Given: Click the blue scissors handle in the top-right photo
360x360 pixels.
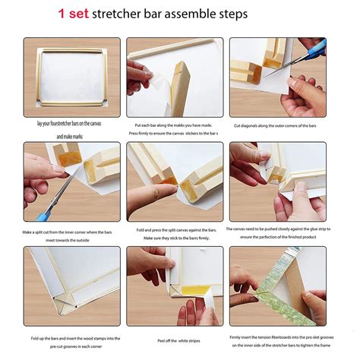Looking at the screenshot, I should pos(314,52).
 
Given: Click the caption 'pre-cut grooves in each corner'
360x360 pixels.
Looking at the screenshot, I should pos(72,344).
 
